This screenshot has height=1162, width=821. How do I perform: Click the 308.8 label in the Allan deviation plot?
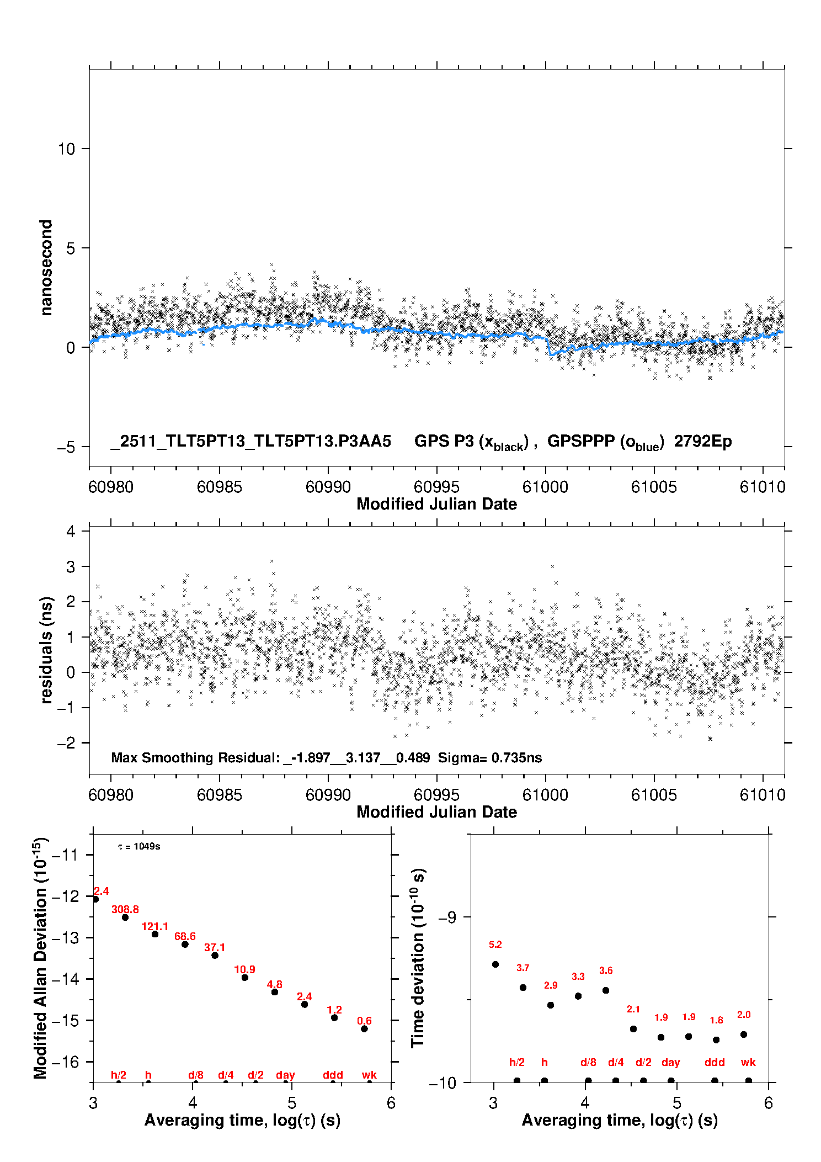pos(125,909)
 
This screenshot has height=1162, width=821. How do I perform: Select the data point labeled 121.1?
pos(155,934)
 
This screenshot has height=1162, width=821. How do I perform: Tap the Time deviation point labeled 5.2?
pos(495,964)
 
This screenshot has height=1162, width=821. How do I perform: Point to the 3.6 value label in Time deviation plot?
pos(606,970)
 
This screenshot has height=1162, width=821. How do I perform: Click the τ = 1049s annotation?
pos(139,847)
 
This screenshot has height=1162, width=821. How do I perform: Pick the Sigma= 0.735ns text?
pos(490,757)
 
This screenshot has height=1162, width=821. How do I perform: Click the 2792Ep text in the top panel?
pos(703,441)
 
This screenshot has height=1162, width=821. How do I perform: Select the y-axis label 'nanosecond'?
pos(46,268)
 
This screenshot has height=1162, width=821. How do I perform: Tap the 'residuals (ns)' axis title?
pos(46,650)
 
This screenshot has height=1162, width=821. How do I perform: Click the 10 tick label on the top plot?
pos(66,148)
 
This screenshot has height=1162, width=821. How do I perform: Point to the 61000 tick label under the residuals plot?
pos(545,795)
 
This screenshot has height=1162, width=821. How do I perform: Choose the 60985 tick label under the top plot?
pos(220,487)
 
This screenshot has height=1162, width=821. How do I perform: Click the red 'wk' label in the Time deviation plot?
pos(748,1062)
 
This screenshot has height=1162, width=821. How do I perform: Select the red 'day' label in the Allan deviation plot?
pos(285,1075)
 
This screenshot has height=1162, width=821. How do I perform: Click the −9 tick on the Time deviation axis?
pos(447,917)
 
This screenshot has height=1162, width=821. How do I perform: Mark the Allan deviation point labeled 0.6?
pos(364,1029)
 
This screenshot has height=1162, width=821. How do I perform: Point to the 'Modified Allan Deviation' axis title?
pos(40,958)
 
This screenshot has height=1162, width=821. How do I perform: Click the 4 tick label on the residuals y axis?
pos(71,531)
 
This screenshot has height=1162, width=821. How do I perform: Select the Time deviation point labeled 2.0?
pos(744,1034)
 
